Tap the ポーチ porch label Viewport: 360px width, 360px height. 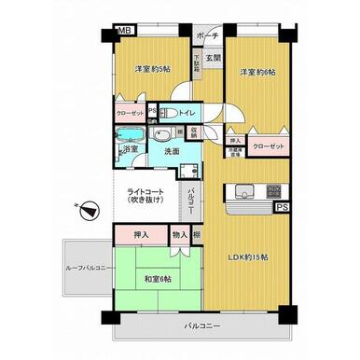coord(208,36)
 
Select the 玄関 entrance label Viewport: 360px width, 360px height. coord(213,58)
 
